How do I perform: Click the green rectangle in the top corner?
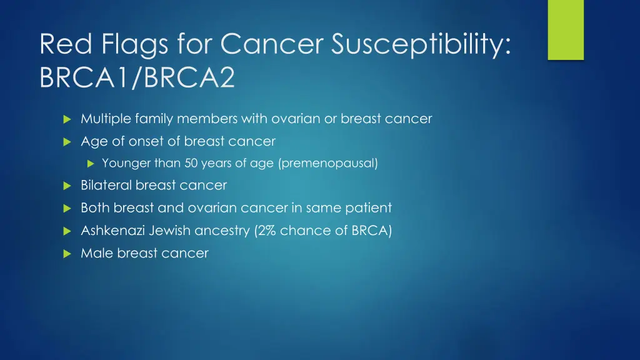pyautogui.click(x=566, y=29)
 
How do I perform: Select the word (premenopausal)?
pyautogui.click(x=328, y=164)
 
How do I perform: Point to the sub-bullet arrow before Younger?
pyautogui.click(x=90, y=164)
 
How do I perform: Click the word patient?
pyautogui.click(x=370, y=208)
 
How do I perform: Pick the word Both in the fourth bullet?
pyautogui.click(x=94, y=208)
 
